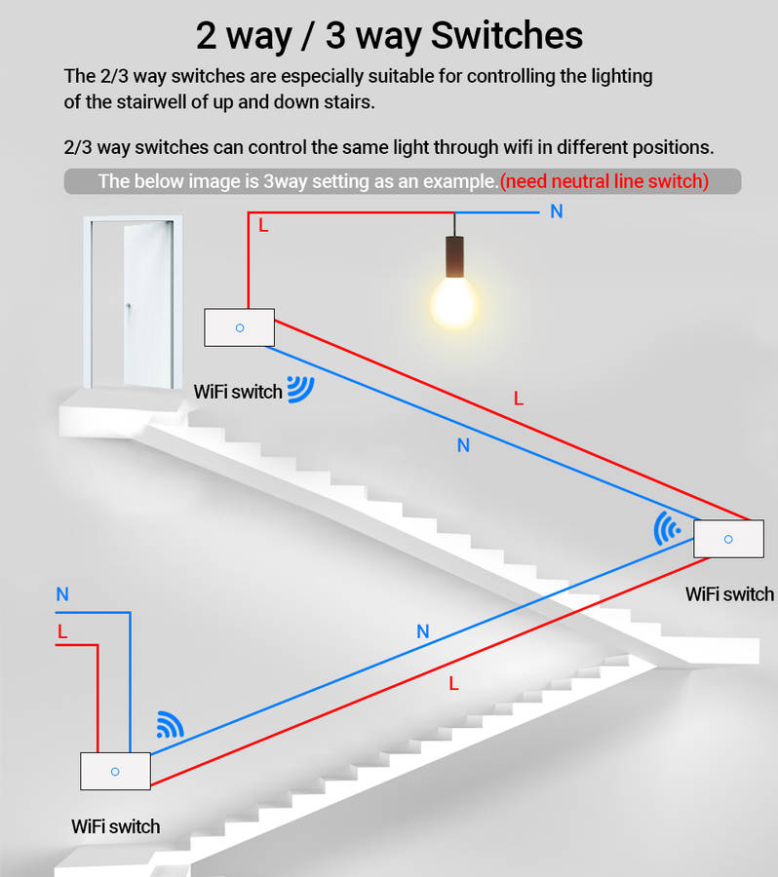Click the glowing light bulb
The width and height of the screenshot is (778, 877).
454,302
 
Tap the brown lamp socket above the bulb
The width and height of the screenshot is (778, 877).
454,256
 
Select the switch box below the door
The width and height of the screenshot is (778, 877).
239,327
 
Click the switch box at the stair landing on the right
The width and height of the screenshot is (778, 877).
728,539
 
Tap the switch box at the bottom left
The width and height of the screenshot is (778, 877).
115,772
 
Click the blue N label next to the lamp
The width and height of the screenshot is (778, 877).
557,211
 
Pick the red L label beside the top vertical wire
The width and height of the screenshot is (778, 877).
263,225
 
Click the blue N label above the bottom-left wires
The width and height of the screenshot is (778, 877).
62,594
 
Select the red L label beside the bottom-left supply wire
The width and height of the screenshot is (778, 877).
62,631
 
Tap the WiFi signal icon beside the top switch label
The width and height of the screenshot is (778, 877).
300,389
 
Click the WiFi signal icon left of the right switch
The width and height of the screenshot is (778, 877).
667,528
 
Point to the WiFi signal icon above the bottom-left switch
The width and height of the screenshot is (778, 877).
171,725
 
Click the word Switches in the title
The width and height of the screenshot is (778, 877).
507,35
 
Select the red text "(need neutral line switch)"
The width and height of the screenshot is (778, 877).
604,181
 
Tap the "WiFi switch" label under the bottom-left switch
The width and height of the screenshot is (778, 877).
115,826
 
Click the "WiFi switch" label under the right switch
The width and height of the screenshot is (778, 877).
729,594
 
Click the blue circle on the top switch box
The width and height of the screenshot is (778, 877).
240,327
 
